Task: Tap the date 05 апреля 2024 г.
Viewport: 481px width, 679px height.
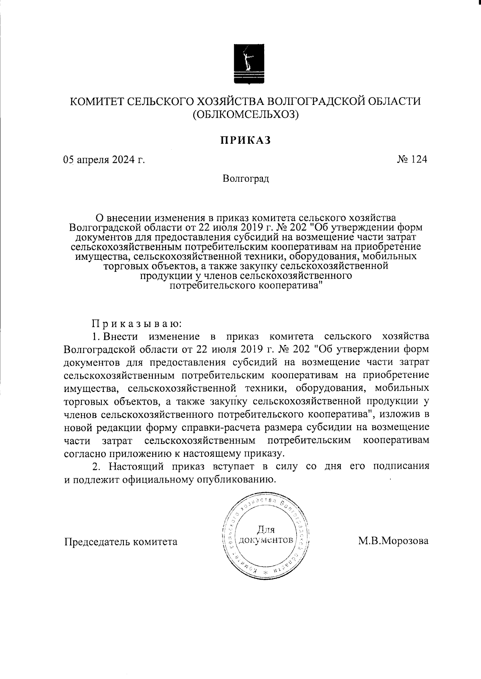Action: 103,160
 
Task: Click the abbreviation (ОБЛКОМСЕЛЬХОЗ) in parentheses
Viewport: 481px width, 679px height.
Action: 245,115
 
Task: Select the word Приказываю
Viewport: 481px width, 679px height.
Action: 137,323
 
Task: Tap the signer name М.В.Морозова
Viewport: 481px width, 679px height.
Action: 393,541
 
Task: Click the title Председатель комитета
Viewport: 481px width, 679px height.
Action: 121,542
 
